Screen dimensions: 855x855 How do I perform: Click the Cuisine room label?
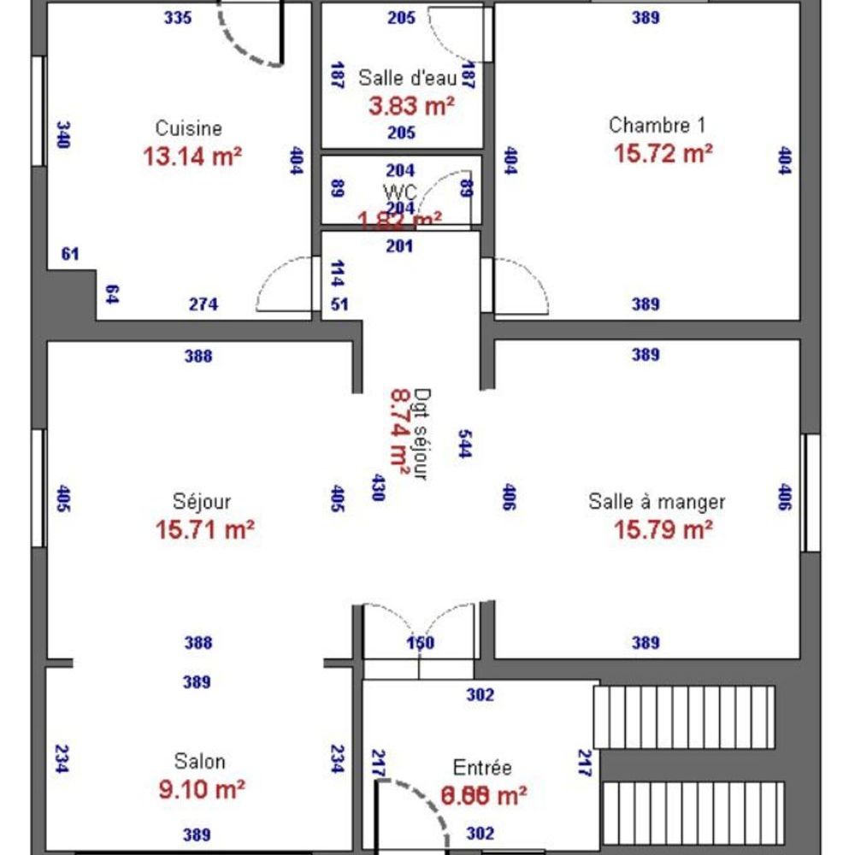pos(188,128)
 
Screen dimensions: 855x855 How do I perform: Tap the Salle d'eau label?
pos(407,78)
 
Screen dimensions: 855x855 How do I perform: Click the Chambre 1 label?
pos(657,126)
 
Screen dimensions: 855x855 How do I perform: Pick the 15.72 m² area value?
pos(663,153)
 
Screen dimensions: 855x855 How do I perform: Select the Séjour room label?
pos(202,502)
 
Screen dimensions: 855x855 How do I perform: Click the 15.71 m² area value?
pos(205,530)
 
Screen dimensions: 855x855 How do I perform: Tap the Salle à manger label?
pos(657,502)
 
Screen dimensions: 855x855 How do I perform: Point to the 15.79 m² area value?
pos(663,530)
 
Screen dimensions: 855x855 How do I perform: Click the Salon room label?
pos(200,762)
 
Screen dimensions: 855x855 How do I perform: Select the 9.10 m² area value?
pos(203,789)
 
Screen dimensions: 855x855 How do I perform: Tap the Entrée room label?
pos(482,768)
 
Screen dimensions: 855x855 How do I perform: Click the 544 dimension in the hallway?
pos(464,444)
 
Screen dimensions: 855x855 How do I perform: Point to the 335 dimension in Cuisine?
pos(178,17)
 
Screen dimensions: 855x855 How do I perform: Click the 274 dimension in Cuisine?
pos(203,304)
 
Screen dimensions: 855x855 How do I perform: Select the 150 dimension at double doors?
pos(420,644)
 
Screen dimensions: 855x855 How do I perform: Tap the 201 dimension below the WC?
pos(399,246)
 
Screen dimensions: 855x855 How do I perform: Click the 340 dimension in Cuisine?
pos(63,135)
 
